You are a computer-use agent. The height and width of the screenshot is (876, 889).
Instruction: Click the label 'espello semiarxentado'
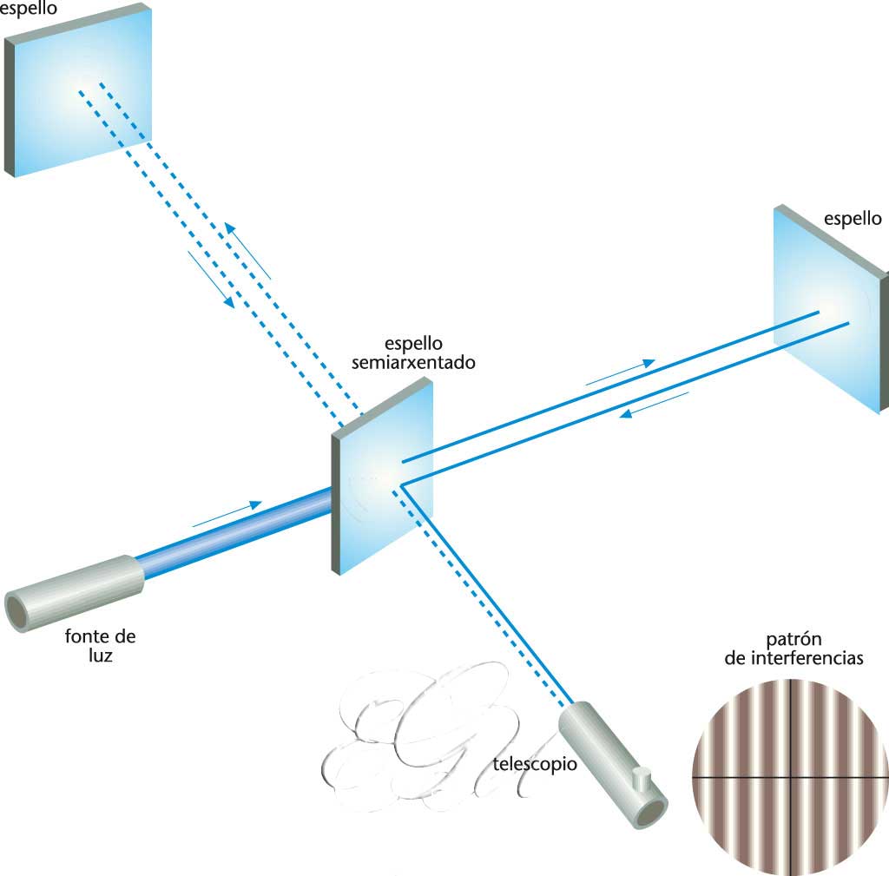tap(413, 353)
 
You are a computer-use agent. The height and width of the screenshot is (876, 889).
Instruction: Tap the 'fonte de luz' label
tap(100, 645)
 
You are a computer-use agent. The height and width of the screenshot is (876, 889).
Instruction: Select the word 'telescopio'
tap(534, 765)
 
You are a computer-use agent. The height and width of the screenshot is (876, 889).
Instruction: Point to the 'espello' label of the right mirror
tap(854, 218)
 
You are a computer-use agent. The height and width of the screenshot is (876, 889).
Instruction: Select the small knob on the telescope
tap(642, 778)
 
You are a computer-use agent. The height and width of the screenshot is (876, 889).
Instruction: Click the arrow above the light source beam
tap(227, 514)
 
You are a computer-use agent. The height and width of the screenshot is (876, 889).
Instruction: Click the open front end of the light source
tap(21, 609)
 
